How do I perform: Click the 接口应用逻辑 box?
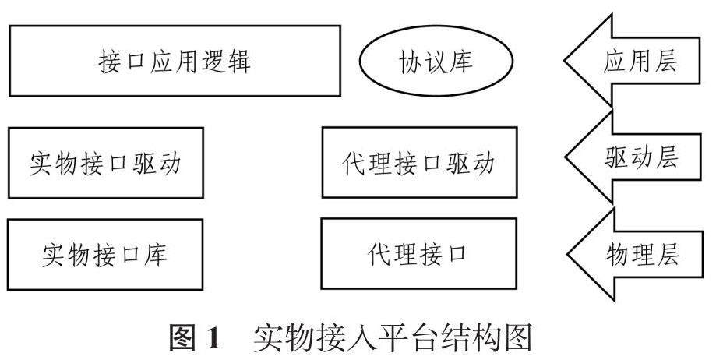[x=175, y=61]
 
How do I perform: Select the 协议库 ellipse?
[x=436, y=62]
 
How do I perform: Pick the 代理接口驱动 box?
[x=419, y=163]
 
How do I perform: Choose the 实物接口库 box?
[x=104, y=255]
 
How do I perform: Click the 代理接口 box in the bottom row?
[x=419, y=254]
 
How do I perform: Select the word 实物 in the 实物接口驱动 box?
[x=53, y=164]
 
